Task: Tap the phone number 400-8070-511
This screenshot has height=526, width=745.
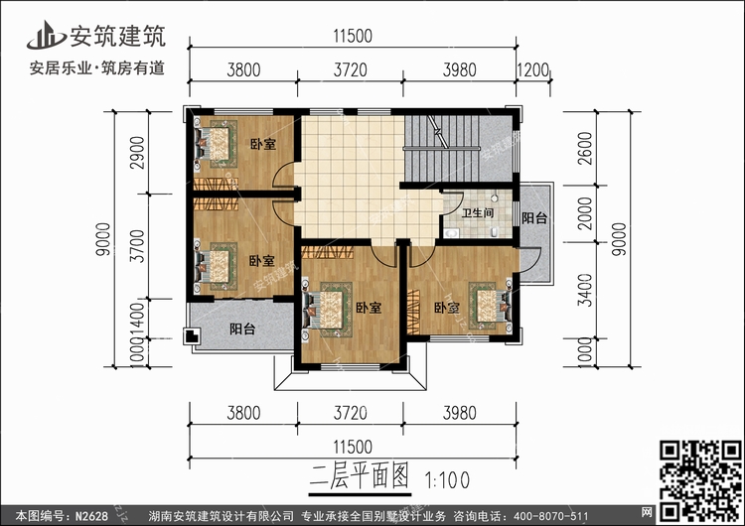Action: [557, 515]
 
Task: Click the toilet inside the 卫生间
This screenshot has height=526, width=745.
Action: [452, 229]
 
